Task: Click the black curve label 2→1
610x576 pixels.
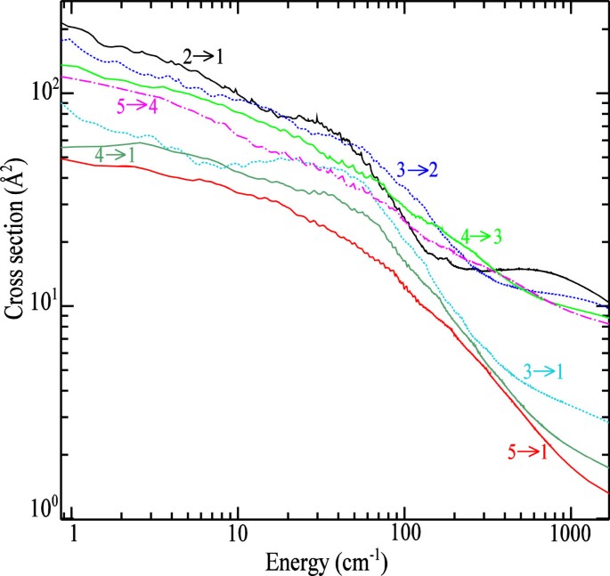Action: pos(203,56)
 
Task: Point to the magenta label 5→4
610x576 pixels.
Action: pos(141,105)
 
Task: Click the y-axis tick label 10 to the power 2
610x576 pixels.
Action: pos(43,91)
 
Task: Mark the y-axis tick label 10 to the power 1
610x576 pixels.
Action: pos(43,304)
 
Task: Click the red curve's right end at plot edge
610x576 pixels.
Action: pos(608,492)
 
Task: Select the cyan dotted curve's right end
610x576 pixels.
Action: pos(608,419)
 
